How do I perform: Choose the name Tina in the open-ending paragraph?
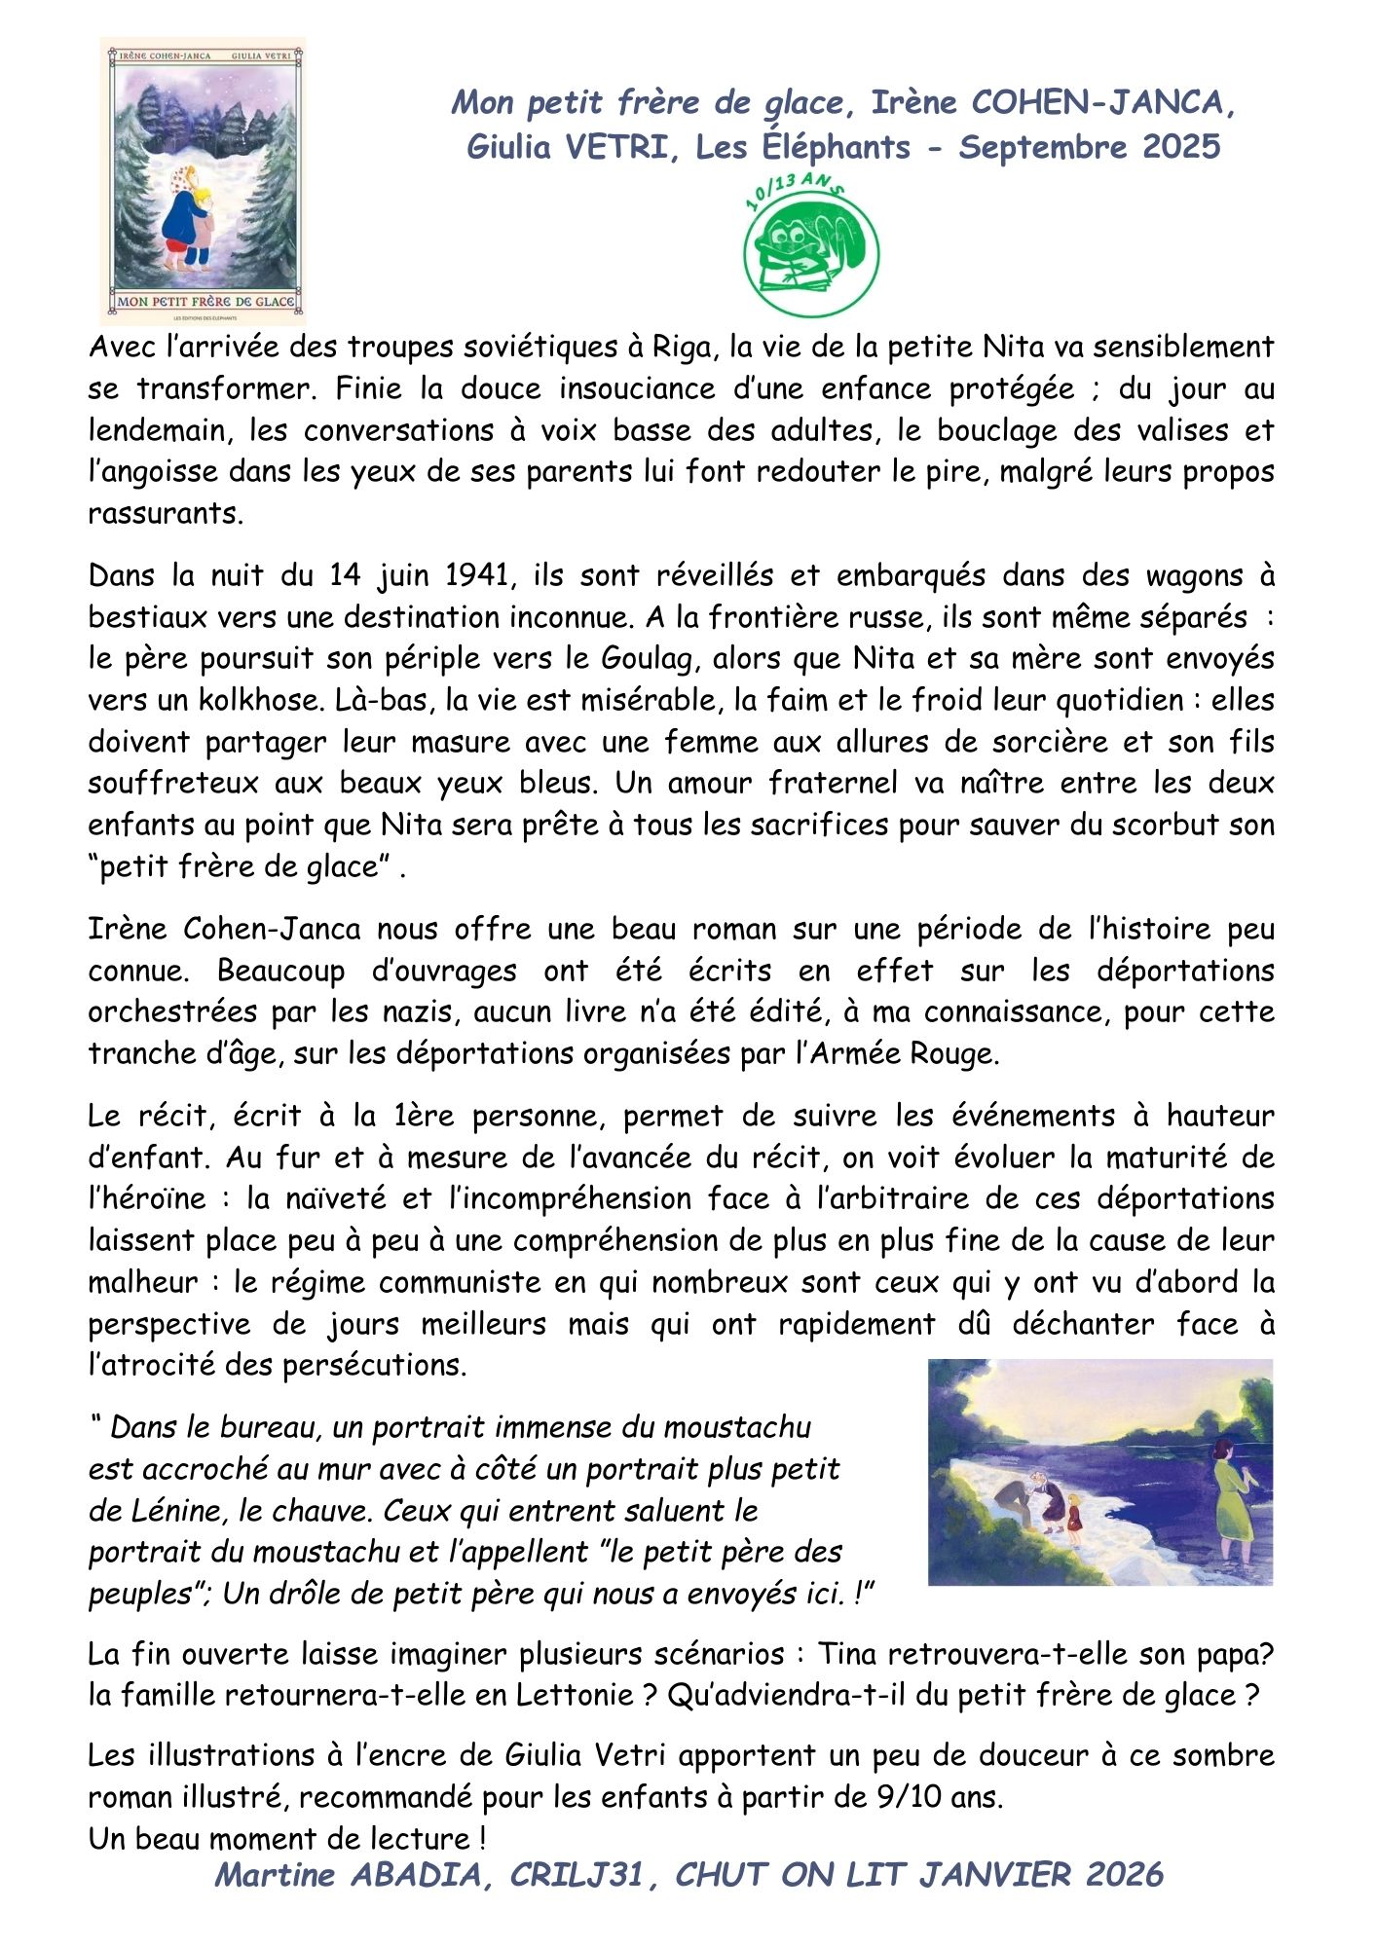click(x=847, y=1654)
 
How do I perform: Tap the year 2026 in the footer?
click(x=1124, y=1875)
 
